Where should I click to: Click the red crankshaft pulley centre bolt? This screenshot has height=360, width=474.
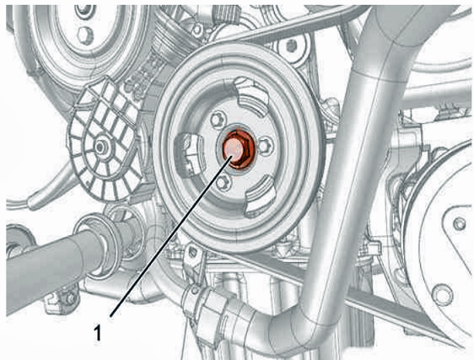point(238,149)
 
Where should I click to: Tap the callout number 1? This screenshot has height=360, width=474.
point(97,332)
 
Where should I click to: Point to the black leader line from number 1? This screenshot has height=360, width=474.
point(172,235)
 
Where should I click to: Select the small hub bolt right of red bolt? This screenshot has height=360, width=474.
point(265,147)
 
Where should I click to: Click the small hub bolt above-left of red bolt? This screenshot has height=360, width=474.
point(218,120)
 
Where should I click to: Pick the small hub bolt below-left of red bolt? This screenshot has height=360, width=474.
point(224,183)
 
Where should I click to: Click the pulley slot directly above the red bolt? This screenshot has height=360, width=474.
point(250,97)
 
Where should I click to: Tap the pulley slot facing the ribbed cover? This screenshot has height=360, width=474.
point(187,155)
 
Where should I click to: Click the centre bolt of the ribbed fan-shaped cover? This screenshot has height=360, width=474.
point(100,148)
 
